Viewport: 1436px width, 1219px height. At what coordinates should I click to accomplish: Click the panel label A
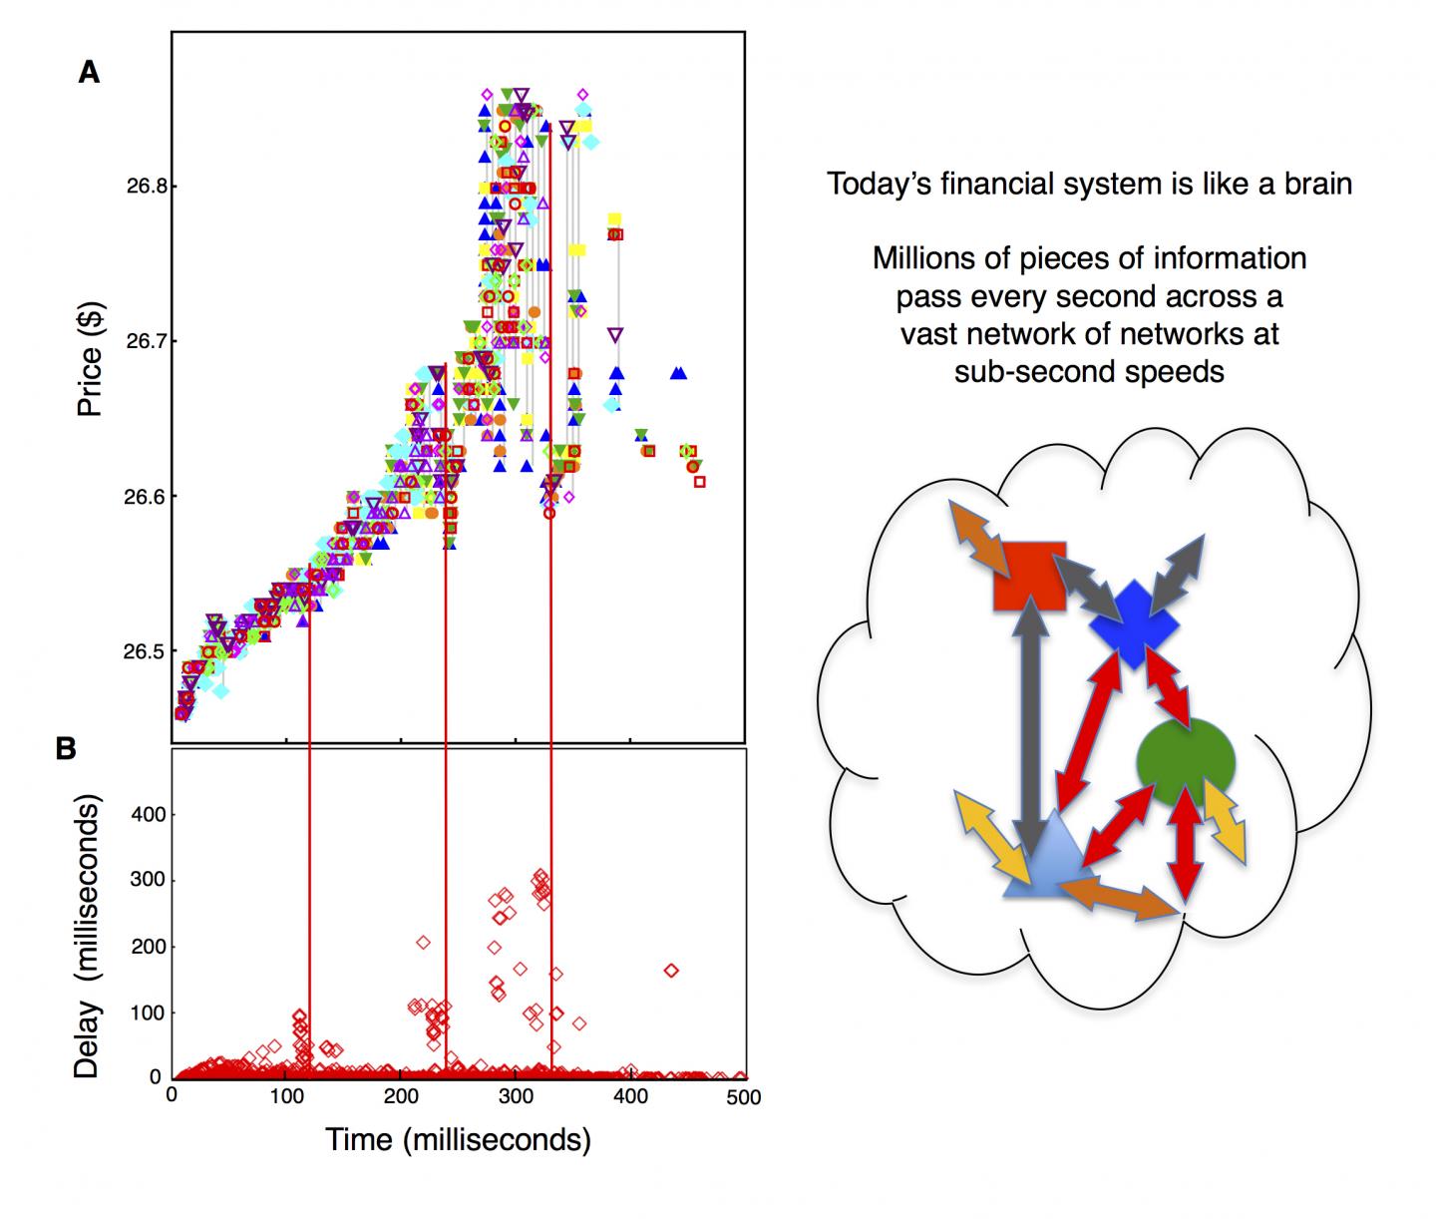[x=89, y=72]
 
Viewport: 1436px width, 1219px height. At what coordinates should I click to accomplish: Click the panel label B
[x=66, y=749]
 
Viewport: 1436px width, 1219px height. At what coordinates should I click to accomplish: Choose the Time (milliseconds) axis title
[x=458, y=1139]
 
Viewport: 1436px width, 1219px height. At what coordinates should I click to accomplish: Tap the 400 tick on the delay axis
[x=147, y=815]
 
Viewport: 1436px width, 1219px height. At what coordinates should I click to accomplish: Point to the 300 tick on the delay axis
[x=147, y=881]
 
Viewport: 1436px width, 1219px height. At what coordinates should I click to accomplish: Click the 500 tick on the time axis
[x=743, y=1097]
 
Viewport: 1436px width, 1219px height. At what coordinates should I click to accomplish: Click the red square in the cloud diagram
[x=1029, y=576]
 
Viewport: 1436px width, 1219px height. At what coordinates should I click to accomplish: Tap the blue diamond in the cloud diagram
[x=1133, y=624]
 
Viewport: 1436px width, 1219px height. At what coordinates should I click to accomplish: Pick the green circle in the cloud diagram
[x=1186, y=762]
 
